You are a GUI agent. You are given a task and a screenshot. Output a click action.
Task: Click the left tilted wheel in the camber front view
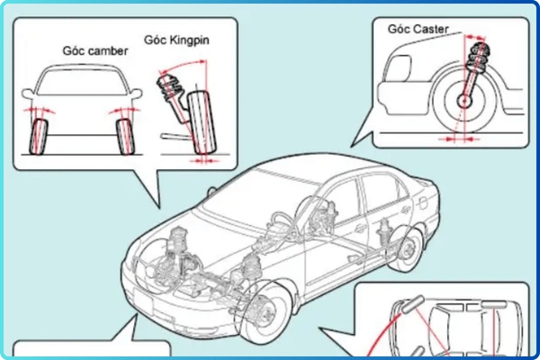pyautogui.click(x=40, y=130)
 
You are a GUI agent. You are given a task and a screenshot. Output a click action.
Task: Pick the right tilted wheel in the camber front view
pyautogui.click(x=126, y=130)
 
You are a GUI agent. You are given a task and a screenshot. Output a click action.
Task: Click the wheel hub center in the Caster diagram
pyautogui.click(x=465, y=103)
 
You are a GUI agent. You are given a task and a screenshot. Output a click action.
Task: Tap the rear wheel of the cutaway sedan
pyautogui.click(x=409, y=247)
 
